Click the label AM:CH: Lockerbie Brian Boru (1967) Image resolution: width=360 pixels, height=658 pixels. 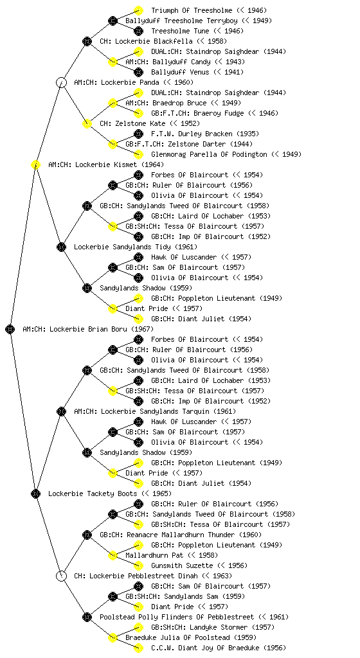pos(88,329)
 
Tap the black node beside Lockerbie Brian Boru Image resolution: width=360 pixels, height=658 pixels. pos(10,329)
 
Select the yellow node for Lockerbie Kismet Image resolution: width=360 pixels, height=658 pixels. pos(35,164)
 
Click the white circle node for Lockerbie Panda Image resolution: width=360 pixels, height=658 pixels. pos(61,82)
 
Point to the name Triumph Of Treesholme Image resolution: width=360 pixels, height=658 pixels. pos(192,10)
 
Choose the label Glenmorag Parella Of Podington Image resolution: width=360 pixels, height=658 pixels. pos(209,154)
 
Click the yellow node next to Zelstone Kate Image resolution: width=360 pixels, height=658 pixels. pos(87,123)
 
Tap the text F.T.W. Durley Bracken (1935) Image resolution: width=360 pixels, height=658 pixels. pos(205,134)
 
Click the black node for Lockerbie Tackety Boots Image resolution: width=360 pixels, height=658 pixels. pos(35,493)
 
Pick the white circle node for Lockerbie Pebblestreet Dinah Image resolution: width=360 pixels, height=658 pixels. pos(61,576)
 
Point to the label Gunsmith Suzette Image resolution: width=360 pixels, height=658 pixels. pos(182,565)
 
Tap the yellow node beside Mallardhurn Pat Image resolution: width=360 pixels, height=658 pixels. pos(113,555)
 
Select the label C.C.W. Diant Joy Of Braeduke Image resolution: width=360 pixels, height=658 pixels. pos(203,648)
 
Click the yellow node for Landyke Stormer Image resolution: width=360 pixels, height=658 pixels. pos(138,627)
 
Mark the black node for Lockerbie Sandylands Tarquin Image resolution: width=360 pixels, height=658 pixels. pos(61,411)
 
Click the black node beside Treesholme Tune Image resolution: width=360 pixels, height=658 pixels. pos(138,31)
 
